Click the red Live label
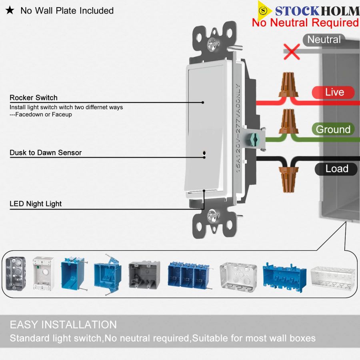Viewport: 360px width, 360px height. point(333,92)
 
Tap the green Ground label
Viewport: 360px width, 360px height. point(333,129)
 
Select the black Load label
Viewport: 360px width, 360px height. point(336,169)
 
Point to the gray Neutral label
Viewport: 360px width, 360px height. point(324,40)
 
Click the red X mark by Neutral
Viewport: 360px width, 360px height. point(292,52)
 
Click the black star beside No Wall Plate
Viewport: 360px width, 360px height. point(10,10)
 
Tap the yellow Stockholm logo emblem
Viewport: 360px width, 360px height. point(263,10)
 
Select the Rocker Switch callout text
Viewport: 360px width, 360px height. point(34,98)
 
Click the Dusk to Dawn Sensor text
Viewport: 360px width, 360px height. point(46,153)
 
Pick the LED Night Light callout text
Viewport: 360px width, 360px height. point(36,204)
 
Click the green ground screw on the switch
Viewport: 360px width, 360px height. point(254,139)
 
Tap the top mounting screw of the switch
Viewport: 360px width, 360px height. point(213,44)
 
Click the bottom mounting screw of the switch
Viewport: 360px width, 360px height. point(213,216)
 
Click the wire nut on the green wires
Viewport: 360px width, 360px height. point(288,121)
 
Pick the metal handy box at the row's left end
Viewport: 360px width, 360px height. point(15,274)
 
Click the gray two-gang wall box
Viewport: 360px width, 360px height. point(144,274)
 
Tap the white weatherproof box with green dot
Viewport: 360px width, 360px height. point(43,273)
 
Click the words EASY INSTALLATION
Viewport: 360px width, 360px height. point(63,325)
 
